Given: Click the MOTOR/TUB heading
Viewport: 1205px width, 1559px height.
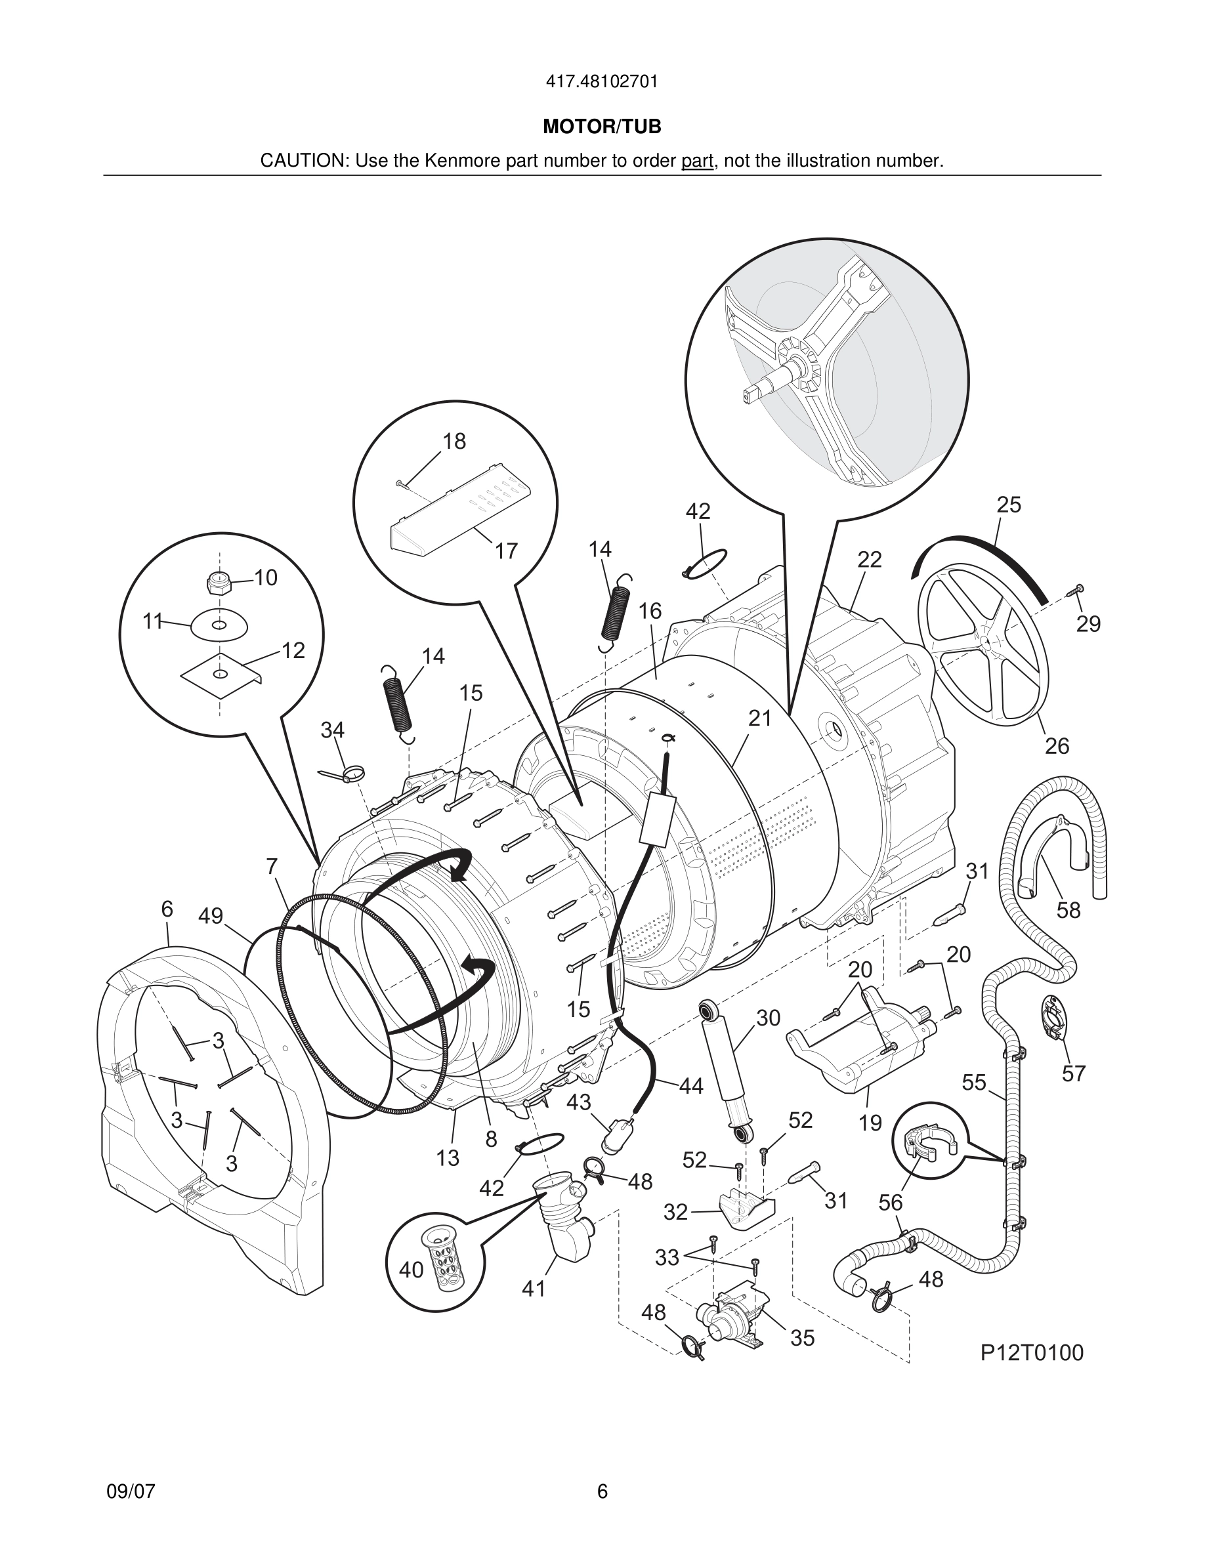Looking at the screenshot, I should coord(602,127).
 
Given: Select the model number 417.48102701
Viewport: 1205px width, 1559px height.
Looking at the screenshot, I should coord(602,82).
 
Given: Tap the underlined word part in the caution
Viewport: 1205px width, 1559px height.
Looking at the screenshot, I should coord(697,161).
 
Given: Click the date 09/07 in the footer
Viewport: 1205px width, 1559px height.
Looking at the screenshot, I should coord(131,1491).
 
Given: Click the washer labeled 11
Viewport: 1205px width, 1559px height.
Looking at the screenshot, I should coord(219,625).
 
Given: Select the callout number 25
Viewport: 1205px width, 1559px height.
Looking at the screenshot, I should coord(1009,505).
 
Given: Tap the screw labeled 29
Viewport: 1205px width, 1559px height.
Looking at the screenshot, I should coord(1075,590).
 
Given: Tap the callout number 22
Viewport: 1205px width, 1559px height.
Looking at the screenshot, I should coord(869,560).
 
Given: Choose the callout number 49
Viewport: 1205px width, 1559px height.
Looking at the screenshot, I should coord(211,916).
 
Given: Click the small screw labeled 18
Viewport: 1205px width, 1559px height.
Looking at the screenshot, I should coord(401,484).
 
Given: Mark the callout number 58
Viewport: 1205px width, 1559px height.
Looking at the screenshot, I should coord(1068,910).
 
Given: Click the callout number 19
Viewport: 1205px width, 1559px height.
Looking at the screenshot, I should coord(870,1123).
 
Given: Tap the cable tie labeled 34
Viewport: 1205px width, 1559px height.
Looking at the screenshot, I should coord(345,772).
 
